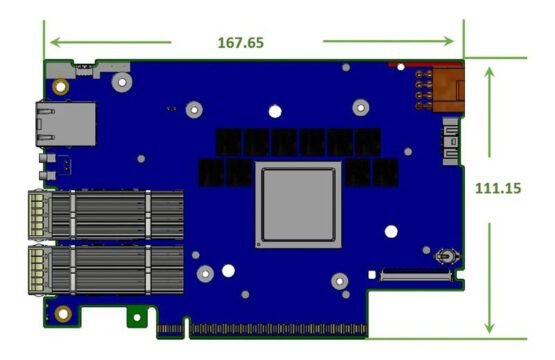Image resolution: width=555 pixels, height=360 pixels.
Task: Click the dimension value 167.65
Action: click(241, 43)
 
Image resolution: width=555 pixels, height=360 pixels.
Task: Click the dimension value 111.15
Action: click(498, 188)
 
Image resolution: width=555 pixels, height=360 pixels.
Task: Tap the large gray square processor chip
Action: click(298, 205)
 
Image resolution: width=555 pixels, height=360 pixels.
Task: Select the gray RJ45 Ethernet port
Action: click(65, 124)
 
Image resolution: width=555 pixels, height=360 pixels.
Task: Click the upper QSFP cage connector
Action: click(106, 215)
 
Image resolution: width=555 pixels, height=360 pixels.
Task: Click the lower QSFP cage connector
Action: click(106, 270)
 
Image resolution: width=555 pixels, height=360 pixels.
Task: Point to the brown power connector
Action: click(448, 90)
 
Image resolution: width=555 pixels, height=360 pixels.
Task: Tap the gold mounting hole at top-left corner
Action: click(61, 87)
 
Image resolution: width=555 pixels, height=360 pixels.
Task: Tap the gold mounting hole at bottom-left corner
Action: click(63, 313)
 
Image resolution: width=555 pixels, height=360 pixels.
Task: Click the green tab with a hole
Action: click(137, 316)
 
